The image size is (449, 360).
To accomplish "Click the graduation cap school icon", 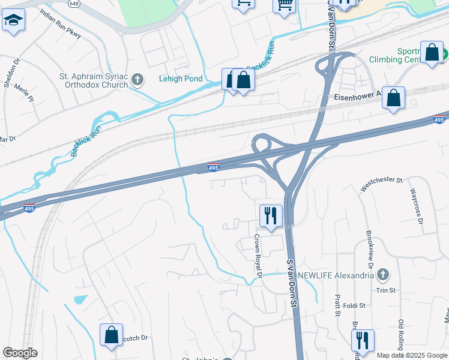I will [x=12, y=22].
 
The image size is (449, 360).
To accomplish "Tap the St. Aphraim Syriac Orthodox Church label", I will [x=93, y=80].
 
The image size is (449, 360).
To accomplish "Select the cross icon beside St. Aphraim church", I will [x=138, y=79].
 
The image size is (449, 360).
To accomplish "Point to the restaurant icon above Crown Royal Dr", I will [x=271, y=215].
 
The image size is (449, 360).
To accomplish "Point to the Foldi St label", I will [x=354, y=305].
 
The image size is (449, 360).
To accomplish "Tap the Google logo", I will [x=20, y=353].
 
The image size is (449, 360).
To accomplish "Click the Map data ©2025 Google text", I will [x=412, y=355].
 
